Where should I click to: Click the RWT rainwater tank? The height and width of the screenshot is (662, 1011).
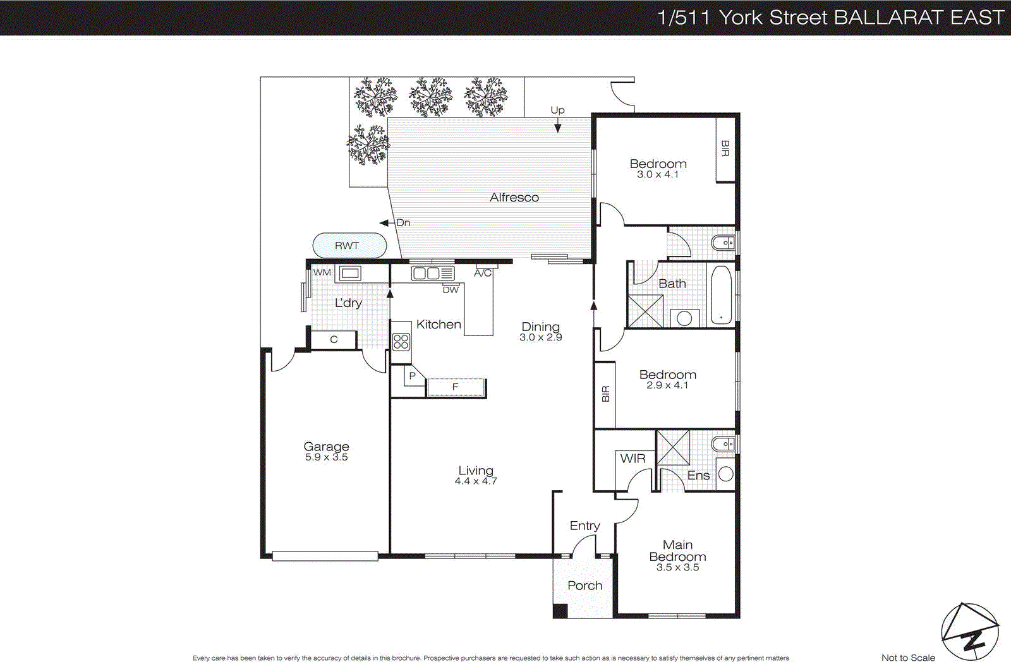[349, 246]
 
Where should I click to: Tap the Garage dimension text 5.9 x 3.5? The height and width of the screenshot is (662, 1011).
[326, 457]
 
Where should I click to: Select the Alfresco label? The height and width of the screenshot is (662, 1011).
[514, 197]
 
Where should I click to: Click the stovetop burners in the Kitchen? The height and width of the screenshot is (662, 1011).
[401, 342]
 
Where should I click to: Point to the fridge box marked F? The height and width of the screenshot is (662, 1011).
[456, 387]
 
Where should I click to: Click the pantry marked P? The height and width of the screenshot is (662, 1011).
[412, 376]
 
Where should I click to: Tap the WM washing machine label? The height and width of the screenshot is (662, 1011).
[322, 272]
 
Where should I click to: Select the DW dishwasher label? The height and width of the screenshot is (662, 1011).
[451, 290]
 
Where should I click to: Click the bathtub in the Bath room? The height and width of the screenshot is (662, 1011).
[721, 296]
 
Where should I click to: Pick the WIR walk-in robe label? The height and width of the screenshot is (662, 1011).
[633, 459]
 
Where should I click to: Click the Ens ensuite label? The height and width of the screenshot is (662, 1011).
[698, 476]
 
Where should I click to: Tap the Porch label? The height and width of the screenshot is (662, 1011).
[584, 586]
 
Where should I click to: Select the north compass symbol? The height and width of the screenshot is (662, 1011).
[970, 632]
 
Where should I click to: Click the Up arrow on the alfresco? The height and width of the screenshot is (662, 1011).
[557, 128]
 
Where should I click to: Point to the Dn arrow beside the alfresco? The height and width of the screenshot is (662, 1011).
[384, 223]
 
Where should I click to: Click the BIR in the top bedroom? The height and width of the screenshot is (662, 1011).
[725, 149]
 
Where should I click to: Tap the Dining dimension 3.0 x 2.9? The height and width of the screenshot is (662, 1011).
[540, 337]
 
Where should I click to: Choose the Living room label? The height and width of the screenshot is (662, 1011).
[476, 471]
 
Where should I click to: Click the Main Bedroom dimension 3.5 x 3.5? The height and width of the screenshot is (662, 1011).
[677, 567]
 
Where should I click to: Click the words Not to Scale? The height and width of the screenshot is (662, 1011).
[908, 658]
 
